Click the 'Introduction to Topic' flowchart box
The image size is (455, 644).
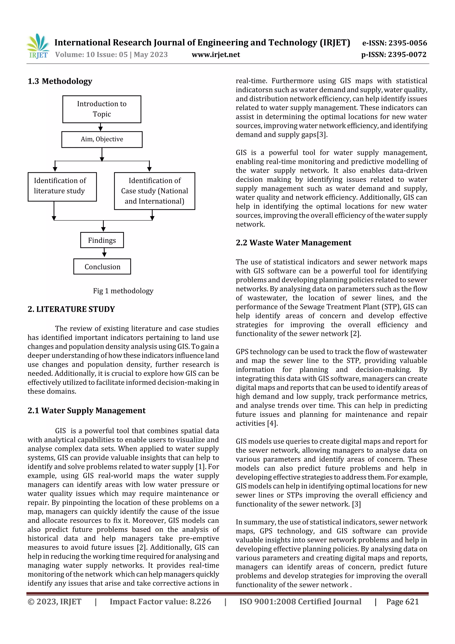click(102, 109)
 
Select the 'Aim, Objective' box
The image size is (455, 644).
click(102, 139)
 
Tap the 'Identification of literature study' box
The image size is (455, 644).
click(62, 187)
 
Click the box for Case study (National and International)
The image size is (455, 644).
click(154, 191)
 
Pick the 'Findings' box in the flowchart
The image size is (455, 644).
click(102, 240)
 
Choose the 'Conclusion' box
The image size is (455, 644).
click(102, 267)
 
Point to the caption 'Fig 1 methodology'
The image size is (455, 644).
click(123, 291)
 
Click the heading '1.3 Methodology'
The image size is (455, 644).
click(60, 81)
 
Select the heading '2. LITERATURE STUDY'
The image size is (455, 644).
click(71, 309)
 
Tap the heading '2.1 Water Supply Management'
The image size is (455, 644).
click(86, 411)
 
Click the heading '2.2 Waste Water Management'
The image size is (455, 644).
click(293, 243)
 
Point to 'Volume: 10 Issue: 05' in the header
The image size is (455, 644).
click(91, 54)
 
